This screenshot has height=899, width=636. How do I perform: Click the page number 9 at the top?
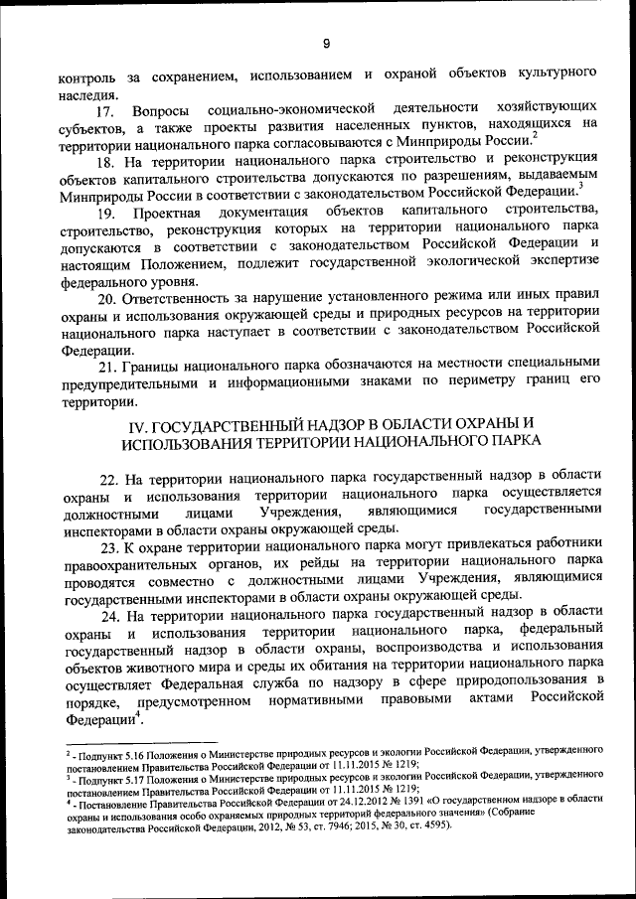click(x=326, y=42)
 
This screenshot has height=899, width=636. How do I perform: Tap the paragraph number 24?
click(x=109, y=616)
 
